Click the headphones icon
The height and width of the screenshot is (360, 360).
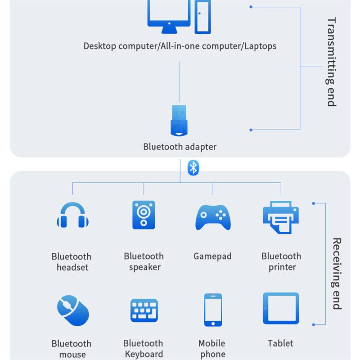(72, 216)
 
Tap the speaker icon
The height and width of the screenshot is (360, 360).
(144, 215)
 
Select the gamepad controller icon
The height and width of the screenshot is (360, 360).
(213, 217)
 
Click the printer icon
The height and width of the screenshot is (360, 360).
(281, 217)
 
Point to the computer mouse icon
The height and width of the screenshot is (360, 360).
(73, 310)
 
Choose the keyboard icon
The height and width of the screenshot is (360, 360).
(144, 310)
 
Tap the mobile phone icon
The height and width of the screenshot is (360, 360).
(213, 310)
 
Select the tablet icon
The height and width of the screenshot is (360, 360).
(281, 309)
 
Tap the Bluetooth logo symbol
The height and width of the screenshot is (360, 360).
(193, 167)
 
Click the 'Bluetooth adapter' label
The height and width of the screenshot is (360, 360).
(180, 147)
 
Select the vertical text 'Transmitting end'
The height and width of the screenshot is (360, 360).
(332, 62)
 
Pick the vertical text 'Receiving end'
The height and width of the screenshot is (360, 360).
(337, 274)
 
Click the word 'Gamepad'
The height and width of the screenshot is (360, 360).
(212, 256)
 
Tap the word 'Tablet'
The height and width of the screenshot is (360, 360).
(280, 343)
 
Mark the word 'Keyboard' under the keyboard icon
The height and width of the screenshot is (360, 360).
(144, 354)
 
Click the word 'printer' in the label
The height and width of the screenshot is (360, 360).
(282, 267)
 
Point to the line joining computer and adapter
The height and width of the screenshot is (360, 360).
(179, 81)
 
